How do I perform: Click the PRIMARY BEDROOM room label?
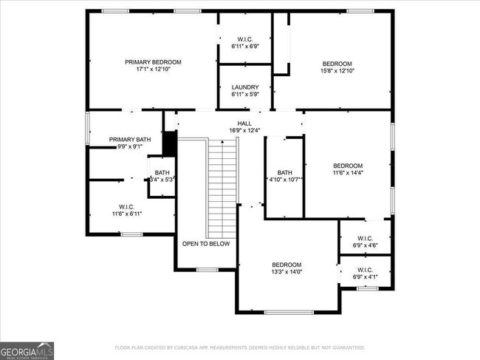click(153, 62)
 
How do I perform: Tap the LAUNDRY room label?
click(244, 86)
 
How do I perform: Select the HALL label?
click(244, 123)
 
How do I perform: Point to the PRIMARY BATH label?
click(130, 139)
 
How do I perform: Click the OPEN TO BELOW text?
click(206, 243)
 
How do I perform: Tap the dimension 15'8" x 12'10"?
click(337, 72)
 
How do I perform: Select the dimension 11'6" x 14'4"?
click(348, 173)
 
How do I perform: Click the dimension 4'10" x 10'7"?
click(284, 180)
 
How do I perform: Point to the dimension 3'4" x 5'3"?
click(161, 180)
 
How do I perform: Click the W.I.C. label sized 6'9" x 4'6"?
click(365, 238)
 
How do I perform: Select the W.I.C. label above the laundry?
click(244, 39)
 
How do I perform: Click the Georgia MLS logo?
click(27, 350)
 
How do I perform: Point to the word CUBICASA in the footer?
click(191, 347)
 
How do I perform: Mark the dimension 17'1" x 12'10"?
click(153, 70)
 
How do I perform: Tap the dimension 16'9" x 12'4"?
click(244, 131)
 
